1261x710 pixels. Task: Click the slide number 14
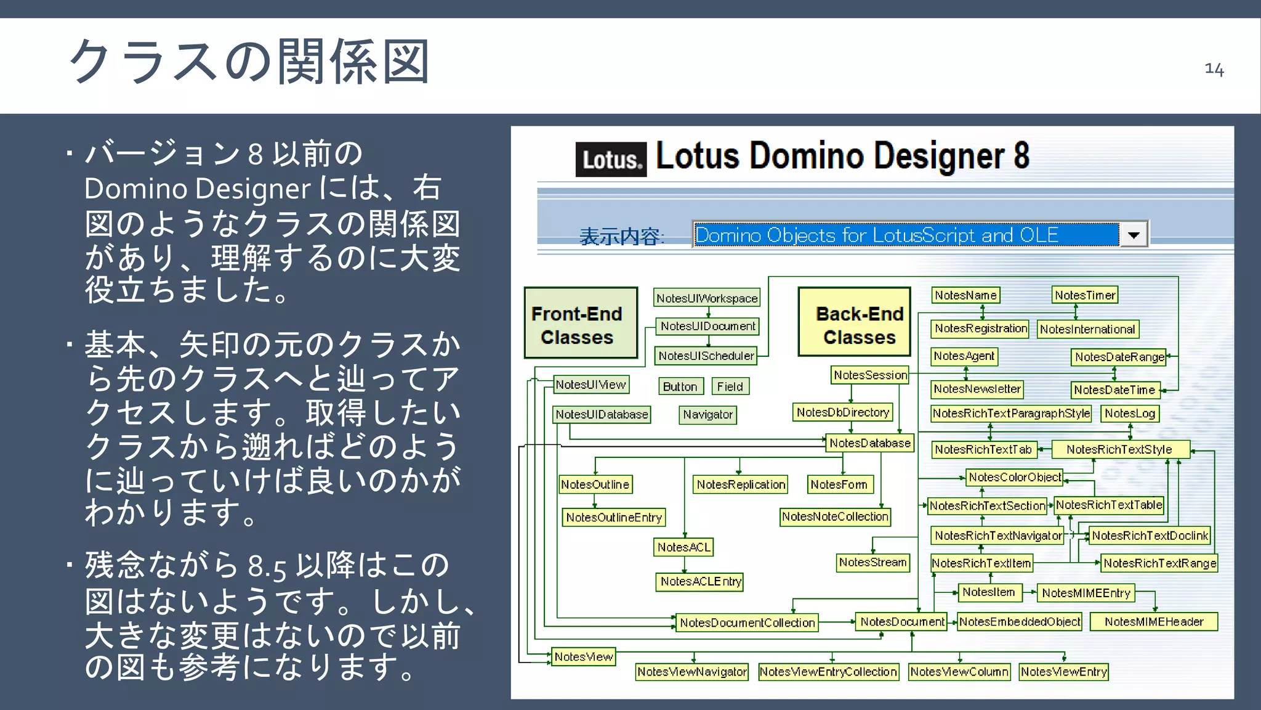pos(1214,68)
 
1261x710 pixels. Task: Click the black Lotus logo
pos(610,160)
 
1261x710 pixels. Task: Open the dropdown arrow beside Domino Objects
pos(1134,235)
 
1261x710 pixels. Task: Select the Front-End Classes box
pos(580,323)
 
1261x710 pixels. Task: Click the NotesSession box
pos(870,375)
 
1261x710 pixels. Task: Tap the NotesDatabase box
pos(869,443)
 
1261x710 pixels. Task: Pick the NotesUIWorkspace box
pos(706,298)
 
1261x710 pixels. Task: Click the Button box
pos(680,386)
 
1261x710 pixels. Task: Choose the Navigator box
pos(708,414)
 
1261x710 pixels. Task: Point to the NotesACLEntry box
pos(700,581)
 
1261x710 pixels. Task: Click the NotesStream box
pos(872,562)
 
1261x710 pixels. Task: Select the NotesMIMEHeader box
pos(1153,621)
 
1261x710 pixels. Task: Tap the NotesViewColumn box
pos(959,671)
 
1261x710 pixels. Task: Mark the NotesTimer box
pos(1084,295)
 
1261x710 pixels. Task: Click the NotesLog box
pos(1130,413)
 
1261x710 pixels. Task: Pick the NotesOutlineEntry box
pos(614,517)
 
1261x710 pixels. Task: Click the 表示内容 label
pos(621,236)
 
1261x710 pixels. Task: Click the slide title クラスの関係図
pos(249,62)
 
